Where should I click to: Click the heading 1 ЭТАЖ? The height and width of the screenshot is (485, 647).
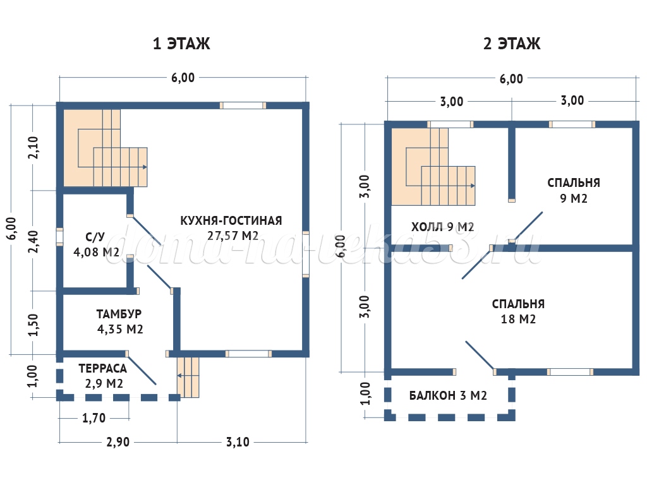click(x=181, y=44)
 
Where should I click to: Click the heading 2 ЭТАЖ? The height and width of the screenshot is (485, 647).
click(x=512, y=44)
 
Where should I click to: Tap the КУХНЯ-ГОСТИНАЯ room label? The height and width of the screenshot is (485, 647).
click(x=231, y=220)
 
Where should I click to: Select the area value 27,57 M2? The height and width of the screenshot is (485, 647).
click(x=233, y=236)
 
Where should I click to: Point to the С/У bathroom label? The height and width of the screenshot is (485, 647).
click(x=95, y=237)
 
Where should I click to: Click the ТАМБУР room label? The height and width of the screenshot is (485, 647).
click(x=119, y=314)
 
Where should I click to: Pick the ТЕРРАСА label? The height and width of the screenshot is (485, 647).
click(x=103, y=368)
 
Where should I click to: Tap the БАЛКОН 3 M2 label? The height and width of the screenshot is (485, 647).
click(x=448, y=395)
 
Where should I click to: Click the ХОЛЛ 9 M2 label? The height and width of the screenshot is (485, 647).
click(x=442, y=227)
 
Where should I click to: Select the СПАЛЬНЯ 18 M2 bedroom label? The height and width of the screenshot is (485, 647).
click(x=518, y=311)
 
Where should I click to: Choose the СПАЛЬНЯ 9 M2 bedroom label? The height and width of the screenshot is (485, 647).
click(x=574, y=190)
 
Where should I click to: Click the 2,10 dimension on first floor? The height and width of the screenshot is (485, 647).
click(x=33, y=148)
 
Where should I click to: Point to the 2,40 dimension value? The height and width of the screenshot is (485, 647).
click(x=33, y=241)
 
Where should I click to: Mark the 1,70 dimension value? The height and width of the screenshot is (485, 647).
click(x=94, y=418)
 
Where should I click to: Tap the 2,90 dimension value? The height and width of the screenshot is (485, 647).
click(x=118, y=442)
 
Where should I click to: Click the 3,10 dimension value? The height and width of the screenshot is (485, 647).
click(x=238, y=442)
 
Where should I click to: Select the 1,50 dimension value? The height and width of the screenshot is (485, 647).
click(x=33, y=325)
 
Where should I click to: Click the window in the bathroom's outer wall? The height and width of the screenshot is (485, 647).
click(x=60, y=237)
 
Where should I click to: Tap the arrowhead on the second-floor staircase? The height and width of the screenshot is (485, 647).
click(x=473, y=186)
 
